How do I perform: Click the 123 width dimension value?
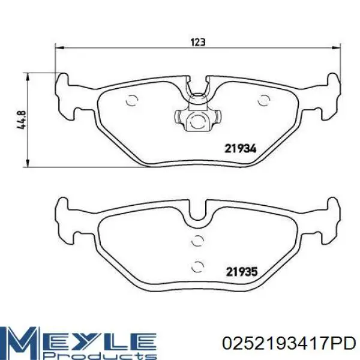(197, 42)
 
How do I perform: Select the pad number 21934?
(240, 149)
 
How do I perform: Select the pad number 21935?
(242, 272)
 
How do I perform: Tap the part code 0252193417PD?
(289, 343)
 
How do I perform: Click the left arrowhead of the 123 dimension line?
(59, 48)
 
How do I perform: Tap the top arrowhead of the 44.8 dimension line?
(28, 77)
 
